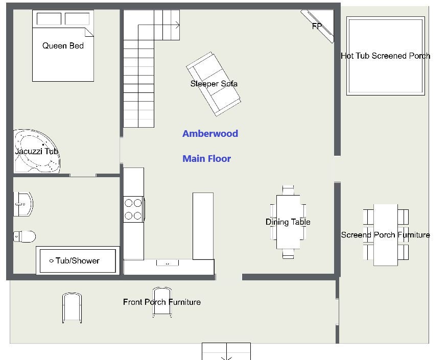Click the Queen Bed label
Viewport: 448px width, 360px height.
coord(63,46)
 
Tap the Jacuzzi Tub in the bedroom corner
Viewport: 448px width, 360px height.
coord(37,151)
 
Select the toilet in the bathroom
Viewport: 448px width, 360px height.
coord(25,236)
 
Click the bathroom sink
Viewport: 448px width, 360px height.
coord(23,204)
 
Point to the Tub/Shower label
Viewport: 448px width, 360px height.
coord(78,260)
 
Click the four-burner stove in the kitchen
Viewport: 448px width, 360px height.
coord(134,209)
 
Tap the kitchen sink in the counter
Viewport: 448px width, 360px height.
coord(168,262)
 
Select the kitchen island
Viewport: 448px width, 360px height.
coord(203,226)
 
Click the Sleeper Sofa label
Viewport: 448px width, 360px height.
coord(214,84)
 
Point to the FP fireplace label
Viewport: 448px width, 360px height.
coord(317,26)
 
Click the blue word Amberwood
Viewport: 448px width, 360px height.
coord(210,134)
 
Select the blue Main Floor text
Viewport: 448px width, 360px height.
coord(207,159)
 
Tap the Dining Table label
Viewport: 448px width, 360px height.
coord(288,222)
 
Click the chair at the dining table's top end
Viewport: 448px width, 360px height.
coord(288,190)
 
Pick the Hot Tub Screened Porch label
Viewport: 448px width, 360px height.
coord(386,56)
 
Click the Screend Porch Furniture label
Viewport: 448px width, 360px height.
coord(386,235)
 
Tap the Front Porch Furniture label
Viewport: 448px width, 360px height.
coord(162,302)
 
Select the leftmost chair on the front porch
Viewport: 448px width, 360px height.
coord(72,308)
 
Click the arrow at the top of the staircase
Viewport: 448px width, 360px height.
coord(159,26)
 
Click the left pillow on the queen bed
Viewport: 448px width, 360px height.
coord(49,19)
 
